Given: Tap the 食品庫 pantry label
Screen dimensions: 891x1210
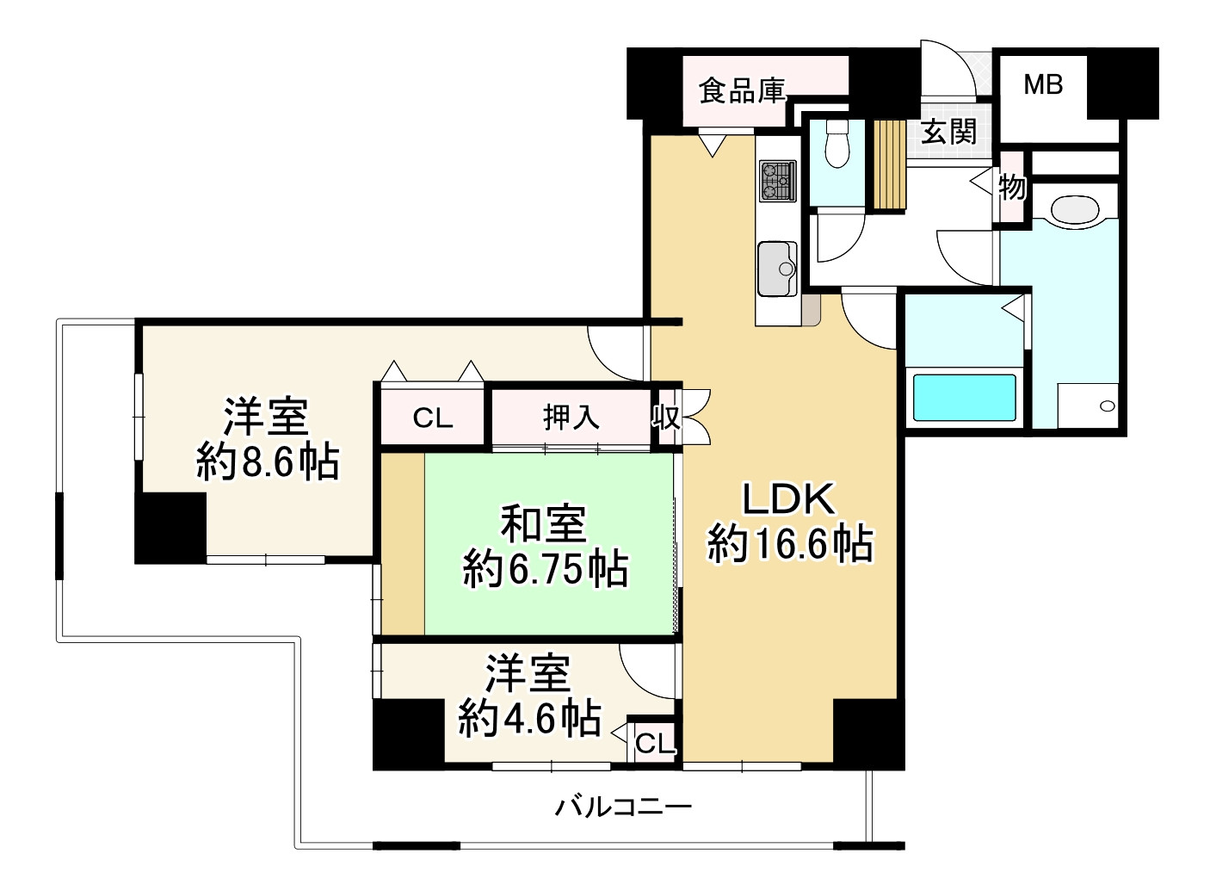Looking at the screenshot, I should pos(742,90).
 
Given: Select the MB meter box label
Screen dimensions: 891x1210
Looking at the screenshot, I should pos(1043,84).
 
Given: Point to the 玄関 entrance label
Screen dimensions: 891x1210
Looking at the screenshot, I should pos(948,132).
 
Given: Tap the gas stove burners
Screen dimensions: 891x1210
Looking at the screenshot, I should pos(777,181).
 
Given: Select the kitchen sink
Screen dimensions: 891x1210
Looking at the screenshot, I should pos(777,268).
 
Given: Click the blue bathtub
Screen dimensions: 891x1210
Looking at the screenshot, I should pos(964,397).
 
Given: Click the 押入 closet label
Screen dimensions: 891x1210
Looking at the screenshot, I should pos(571,418).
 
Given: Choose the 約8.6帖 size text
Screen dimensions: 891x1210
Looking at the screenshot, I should pos(268,462).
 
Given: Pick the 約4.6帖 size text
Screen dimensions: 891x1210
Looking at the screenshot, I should pos(529,716).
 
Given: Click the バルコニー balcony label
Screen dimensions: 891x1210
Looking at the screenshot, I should pos(623,807).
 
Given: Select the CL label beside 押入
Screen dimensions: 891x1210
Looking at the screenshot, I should pos(433,418).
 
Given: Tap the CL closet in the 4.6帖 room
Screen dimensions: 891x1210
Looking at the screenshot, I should pos(654,743).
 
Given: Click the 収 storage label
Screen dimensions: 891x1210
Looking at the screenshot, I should pos(665,418).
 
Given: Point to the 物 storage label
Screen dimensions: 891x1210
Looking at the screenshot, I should pos(1012,186).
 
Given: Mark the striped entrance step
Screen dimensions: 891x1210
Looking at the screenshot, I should pos(890,164).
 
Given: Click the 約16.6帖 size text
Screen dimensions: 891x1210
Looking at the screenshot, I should pos(790,544).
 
